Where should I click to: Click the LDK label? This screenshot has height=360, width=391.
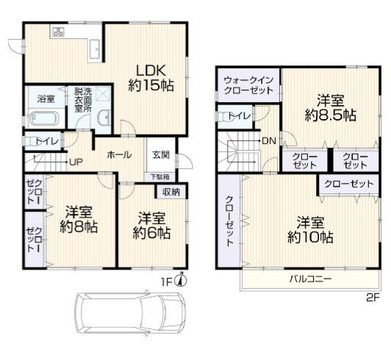[x=151, y=71]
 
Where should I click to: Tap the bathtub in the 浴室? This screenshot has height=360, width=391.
[x=44, y=118]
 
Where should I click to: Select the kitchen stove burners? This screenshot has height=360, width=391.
[x=58, y=32]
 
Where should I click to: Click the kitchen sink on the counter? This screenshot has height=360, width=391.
[x=95, y=49]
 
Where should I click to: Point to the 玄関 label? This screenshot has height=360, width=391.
[x=161, y=155]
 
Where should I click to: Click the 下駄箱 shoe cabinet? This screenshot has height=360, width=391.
[x=160, y=177]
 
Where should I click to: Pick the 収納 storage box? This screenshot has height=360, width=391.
[x=171, y=192]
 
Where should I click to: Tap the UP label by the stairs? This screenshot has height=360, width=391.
[x=76, y=162]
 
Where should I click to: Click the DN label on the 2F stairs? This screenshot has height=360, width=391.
[x=269, y=141]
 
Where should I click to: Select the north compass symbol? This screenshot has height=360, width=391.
[x=182, y=279]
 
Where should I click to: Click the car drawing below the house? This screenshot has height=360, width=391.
[x=130, y=312]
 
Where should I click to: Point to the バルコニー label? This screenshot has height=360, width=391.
[x=310, y=278]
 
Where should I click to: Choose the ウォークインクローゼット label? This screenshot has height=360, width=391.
[x=248, y=85]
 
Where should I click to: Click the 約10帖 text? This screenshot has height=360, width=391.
[x=310, y=237]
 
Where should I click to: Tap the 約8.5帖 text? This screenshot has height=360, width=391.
[x=331, y=115]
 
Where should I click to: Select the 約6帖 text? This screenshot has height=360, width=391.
[x=151, y=233]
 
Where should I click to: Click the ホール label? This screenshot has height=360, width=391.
[x=119, y=155]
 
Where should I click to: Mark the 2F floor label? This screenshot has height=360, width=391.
[x=373, y=298]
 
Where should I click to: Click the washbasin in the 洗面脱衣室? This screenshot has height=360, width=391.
[x=105, y=117]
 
